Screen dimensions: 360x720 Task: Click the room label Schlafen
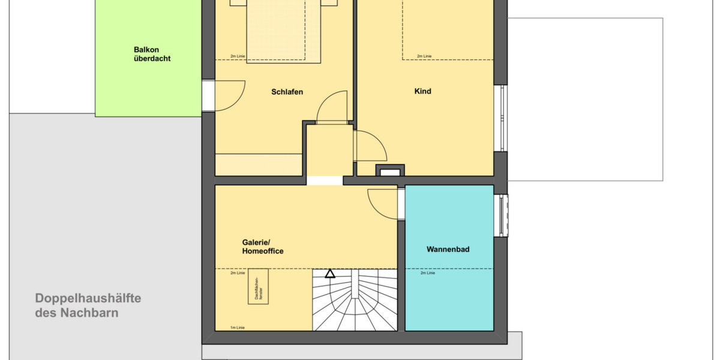[287, 92]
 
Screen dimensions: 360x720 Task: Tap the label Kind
[422, 91]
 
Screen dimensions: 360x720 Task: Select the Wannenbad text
[448, 248]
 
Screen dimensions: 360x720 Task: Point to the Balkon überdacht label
[152, 54]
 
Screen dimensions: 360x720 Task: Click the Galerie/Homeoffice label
[262, 247]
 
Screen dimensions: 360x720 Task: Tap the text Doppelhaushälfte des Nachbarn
[88, 305]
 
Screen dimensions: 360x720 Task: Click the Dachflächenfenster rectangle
[258, 286]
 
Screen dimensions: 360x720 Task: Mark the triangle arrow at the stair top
[329, 274]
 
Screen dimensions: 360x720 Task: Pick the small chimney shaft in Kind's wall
[389, 171]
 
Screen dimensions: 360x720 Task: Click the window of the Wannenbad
[503, 215]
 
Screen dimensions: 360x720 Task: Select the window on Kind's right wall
[502, 118]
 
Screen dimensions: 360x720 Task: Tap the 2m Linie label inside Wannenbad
[427, 273]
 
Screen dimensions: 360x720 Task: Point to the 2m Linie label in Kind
[424, 56]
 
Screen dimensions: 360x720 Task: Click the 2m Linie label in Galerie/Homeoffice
[238, 273]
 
